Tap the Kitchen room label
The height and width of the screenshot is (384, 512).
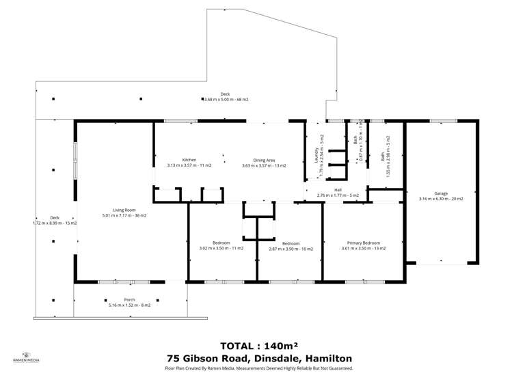(x=189, y=160)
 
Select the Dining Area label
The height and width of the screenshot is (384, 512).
(x=264, y=160)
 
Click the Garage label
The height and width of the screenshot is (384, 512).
(x=441, y=193)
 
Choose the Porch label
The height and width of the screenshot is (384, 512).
(x=129, y=299)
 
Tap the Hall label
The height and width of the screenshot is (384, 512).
(x=338, y=190)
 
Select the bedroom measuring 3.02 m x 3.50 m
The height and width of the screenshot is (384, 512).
(x=221, y=243)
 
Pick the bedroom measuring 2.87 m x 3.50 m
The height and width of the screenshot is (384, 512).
(x=291, y=243)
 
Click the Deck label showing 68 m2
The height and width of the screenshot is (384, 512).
(x=225, y=94)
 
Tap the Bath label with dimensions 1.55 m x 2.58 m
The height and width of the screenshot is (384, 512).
(x=383, y=156)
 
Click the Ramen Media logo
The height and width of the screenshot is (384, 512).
(x=26, y=357)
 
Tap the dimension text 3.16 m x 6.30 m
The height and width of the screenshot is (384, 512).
(x=441, y=199)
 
